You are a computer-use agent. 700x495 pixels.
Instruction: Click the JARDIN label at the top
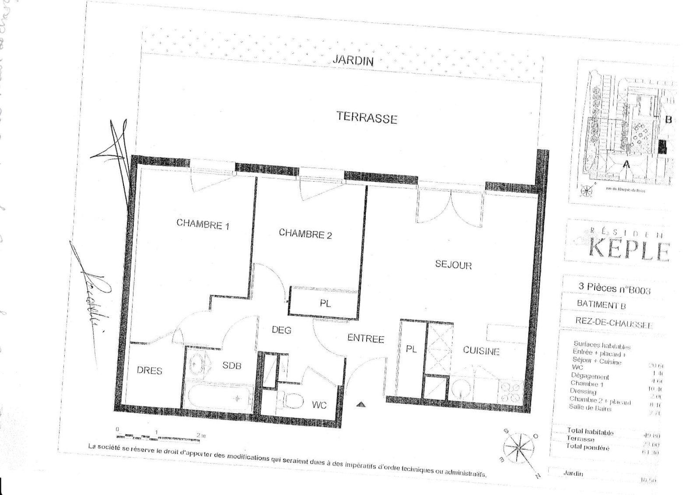(353, 60)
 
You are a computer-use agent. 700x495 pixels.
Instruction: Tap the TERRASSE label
(367, 118)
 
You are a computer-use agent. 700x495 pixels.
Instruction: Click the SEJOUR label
(453, 265)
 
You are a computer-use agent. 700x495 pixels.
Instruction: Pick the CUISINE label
(481, 351)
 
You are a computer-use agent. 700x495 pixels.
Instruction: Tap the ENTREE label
(366, 338)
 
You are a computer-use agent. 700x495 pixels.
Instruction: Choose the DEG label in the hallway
(281, 330)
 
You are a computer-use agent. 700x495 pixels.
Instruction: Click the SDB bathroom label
(232, 365)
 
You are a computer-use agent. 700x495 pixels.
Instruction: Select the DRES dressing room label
(150, 370)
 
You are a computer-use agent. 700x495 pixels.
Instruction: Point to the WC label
(319, 405)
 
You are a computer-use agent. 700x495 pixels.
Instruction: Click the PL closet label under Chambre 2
(325, 303)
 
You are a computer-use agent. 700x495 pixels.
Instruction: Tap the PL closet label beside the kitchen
(411, 349)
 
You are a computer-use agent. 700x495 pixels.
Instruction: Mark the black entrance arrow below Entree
(360, 404)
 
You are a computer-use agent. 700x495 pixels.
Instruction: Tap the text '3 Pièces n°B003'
(614, 288)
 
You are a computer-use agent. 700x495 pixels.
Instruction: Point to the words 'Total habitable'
(590, 432)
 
